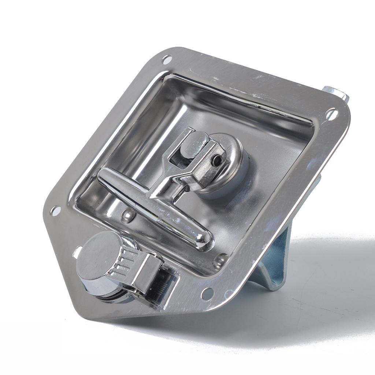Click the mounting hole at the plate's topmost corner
[x=167, y=59]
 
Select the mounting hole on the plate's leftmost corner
[x=56, y=210]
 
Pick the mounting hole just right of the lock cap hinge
[x=207, y=292]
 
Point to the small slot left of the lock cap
[x=78, y=251]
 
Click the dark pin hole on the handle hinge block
[x=218, y=159]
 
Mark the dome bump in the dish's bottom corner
[x=220, y=260]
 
